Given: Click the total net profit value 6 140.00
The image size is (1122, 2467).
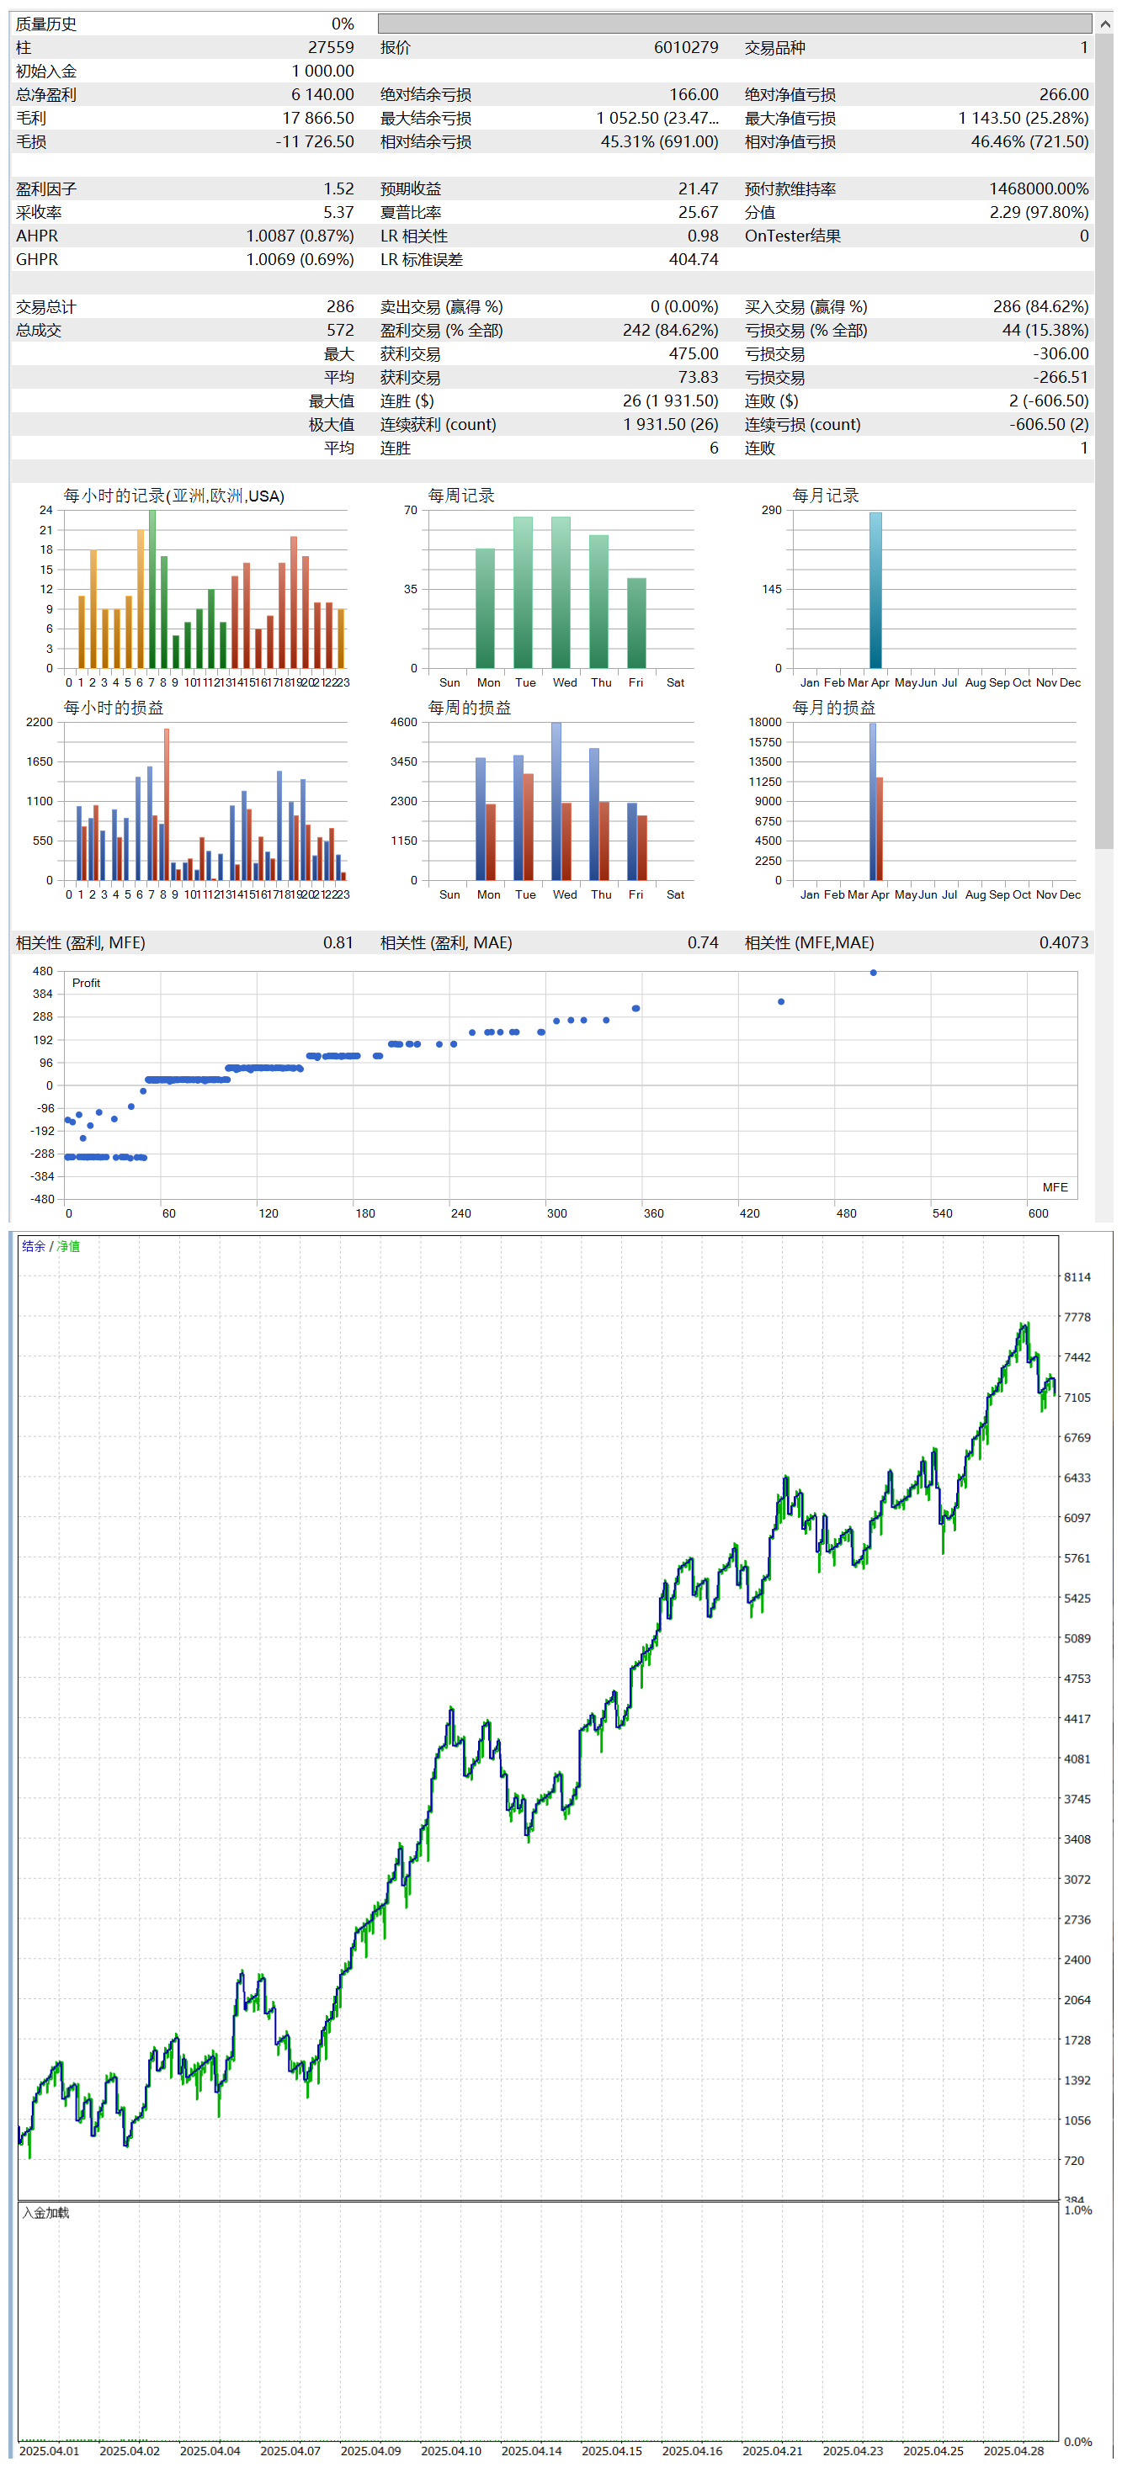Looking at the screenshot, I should pyautogui.click(x=323, y=95).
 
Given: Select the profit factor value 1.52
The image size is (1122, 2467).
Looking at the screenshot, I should pyautogui.click(x=338, y=188).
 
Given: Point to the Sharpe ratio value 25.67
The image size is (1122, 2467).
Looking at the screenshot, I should pyautogui.click(x=698, y=213).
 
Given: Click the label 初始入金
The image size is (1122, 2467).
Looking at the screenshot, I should pyautogui.click(x=46, y=71).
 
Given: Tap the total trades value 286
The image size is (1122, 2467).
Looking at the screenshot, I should pyautogui.click(x=340, y=306).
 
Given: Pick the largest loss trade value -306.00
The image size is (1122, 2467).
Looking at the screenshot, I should pyautogui.click(x=1061, y=353).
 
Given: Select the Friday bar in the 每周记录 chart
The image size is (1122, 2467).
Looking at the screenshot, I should pyautogui.click(x=636, y=623).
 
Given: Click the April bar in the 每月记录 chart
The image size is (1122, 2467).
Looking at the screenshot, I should pyautogui.click(x=875, y=589).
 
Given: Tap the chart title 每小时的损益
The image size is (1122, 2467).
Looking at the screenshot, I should pyautogui.click(x=113, y=708).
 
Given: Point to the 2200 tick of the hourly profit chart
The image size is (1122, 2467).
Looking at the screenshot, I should pyautogui.click(x=40, y=722).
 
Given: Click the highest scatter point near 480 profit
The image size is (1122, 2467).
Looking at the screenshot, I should pyautogui.click(x=873, y=972).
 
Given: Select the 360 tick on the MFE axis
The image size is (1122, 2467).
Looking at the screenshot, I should pyautogui.click(x=653, y=1213).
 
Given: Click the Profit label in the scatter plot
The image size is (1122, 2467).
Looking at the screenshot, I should pyautogui.click(x=86, y=984).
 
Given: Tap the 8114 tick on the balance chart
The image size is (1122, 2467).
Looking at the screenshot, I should pyautogui.click(x=1077, y=1277).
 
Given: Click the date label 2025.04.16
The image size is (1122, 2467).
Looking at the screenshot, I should pyautogui.click(x=692, y=2451).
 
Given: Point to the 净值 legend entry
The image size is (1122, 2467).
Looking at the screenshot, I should pyautogui.click(x=68, y=1246).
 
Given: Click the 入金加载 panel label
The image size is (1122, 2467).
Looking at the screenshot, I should pyautogui.click(x=46, y=2212).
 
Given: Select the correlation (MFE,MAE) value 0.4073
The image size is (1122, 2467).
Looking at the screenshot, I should pyautogui.click(x=1064, y=942).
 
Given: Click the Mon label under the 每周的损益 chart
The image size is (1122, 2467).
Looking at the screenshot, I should pyautogui.click(x=489, y=894).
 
